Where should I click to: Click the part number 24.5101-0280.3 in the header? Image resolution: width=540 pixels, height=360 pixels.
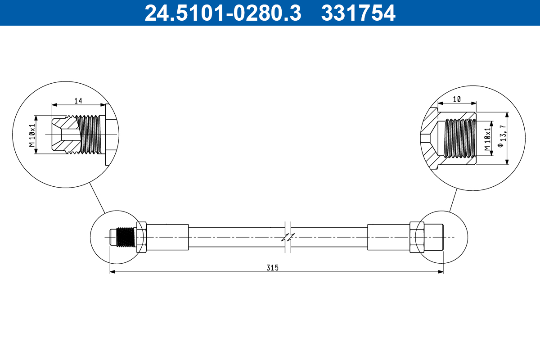222,13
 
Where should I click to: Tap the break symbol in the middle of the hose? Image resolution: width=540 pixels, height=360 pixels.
288,237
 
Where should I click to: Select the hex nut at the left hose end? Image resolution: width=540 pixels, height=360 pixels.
141,237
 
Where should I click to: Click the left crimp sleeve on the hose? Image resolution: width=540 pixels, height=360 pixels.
167,237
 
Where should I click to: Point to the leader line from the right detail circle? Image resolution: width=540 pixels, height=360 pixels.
453,200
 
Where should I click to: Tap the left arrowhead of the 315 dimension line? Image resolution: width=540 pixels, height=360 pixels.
112,272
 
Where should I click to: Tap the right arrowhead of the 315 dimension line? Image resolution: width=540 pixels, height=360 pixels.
441,272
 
